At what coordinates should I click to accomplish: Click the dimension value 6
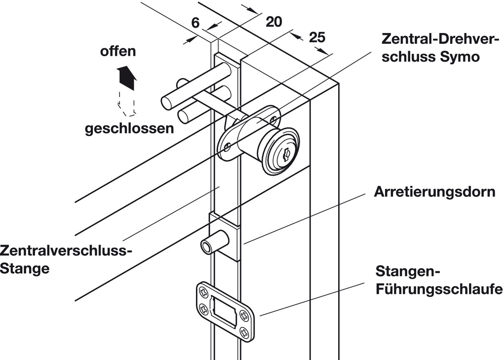195,23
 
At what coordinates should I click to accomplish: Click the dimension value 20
273,21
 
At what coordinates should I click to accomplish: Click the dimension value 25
317,37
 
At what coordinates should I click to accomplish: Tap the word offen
118,51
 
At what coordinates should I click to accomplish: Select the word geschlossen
129,129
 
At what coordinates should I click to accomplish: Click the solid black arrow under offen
126,77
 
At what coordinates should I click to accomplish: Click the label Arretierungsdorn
434,191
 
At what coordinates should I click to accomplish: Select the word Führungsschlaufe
439,288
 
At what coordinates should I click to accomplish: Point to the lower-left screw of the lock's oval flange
228,146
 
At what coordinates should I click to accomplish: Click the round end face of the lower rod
184,117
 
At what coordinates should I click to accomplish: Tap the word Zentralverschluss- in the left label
66,250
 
